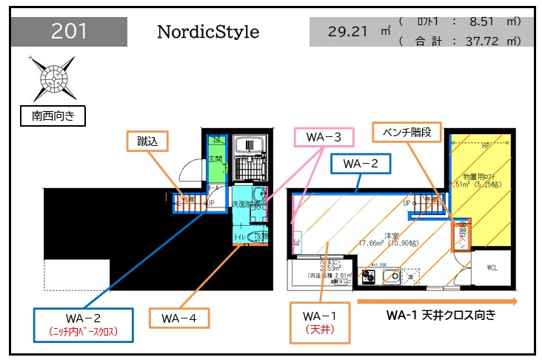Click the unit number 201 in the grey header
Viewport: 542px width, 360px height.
tap(70, 32)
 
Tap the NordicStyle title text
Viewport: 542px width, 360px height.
tap(208, 33)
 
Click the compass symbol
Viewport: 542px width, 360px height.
tap(53, 76)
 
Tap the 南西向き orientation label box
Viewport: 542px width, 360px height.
tap(53, 116)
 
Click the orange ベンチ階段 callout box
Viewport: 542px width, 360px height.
tap(406, 133)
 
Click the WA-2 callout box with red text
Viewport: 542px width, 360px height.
tap(84, 324)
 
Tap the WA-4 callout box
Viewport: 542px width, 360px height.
tap(179, 318)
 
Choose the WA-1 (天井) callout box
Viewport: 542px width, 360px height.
tap(321, 322)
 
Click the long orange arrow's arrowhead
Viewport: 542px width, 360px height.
tap(512, 301)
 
